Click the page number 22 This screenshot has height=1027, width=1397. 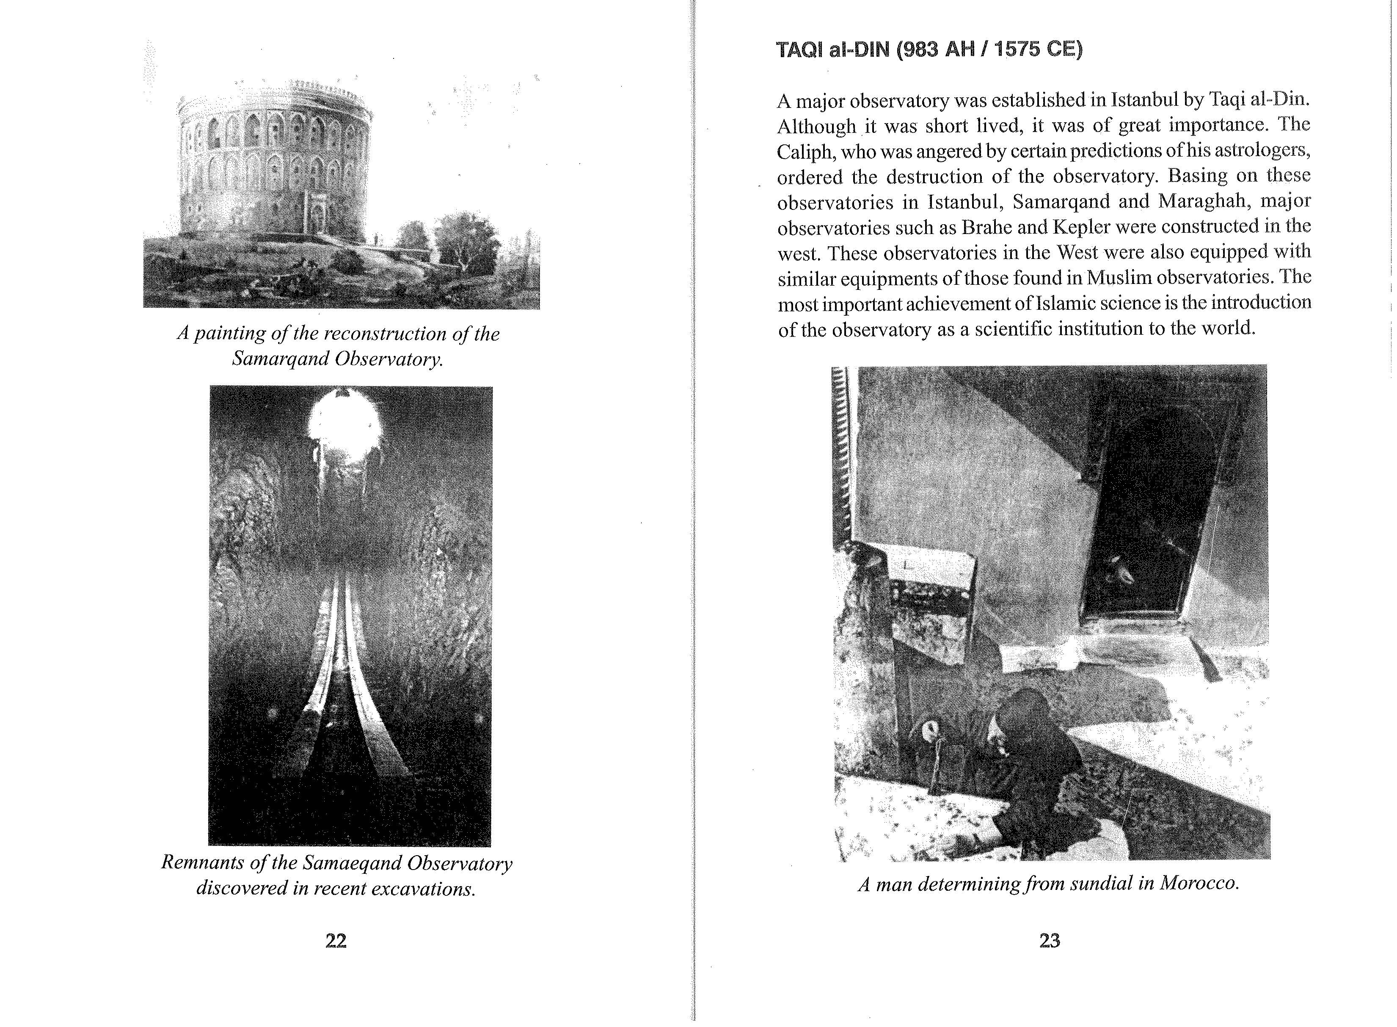(x=336, y=941)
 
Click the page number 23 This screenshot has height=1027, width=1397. (x=1050, y=941)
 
